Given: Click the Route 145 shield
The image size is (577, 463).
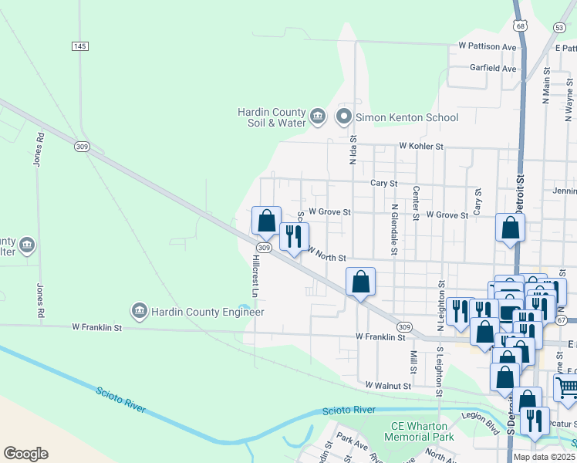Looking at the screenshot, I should (x=80, y=46).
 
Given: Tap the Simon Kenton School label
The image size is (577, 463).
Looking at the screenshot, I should (x=407, y=118).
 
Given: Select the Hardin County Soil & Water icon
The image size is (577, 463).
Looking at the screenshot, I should (x=317, y=117).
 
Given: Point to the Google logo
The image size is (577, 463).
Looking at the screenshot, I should (x=25, y=454).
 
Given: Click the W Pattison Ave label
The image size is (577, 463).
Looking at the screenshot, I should (x=487, y=46).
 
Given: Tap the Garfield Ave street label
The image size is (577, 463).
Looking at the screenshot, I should (x=493, y=68).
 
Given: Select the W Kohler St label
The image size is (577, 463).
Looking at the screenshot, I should (x=421, y=146).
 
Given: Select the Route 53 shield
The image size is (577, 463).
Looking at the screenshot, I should (x=559, y=27).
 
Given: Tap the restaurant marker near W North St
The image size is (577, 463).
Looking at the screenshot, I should (x=294, y=237).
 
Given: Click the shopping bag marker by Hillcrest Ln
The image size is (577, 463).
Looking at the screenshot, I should (x=266, y=221).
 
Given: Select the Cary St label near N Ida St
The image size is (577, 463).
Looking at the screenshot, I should (x=383, y=184).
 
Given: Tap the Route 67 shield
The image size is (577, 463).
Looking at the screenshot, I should (x=571, y=319).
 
